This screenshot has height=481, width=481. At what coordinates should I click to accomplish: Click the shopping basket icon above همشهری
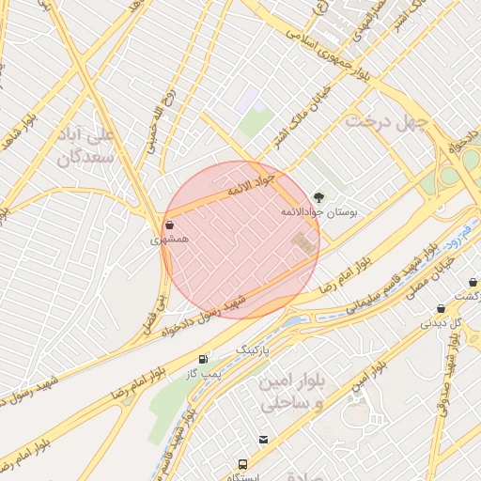point(169,225)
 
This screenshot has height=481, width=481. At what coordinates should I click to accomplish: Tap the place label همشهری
point(170,240)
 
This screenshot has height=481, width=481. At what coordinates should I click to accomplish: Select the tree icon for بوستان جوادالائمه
point(319,197)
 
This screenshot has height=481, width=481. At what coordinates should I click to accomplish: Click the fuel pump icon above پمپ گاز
point(203,359)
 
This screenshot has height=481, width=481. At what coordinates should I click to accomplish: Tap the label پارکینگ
point(251,349)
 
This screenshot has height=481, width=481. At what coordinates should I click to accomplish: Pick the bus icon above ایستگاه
point(243,464)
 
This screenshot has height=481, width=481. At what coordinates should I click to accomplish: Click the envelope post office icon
point(264,440)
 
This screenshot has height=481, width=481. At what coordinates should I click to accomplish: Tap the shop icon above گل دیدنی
point(441,309)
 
